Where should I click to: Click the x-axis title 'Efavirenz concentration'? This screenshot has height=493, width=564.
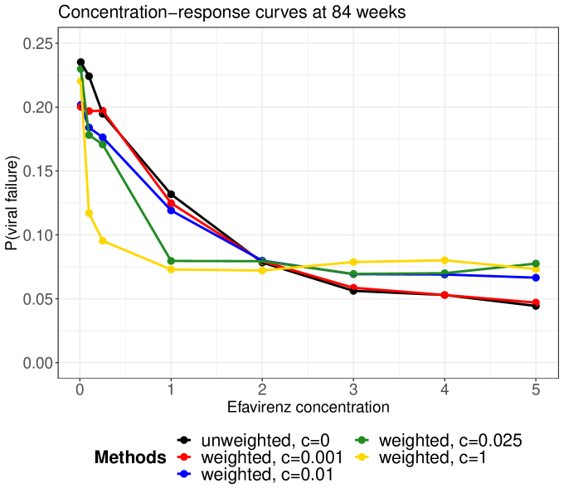pos(308,407)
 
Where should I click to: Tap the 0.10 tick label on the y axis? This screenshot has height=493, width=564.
pos(38,235)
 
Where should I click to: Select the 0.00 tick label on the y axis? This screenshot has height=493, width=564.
pos(38,363)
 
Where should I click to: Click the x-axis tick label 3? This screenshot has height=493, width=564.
pos(353,388)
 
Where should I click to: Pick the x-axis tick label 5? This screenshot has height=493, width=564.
pos(536,388)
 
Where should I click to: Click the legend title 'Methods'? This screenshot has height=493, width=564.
pos(130,457)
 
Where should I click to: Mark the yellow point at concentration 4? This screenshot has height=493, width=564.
pos(445,260)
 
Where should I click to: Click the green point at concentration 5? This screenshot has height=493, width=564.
pos(536,263)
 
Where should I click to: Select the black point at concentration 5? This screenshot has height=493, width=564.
pos(536,306)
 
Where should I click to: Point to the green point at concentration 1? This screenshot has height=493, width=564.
pos(171,261)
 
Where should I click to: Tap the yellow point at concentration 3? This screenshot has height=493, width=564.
pos(353,262)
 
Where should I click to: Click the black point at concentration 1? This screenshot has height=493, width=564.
pos(171,194)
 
